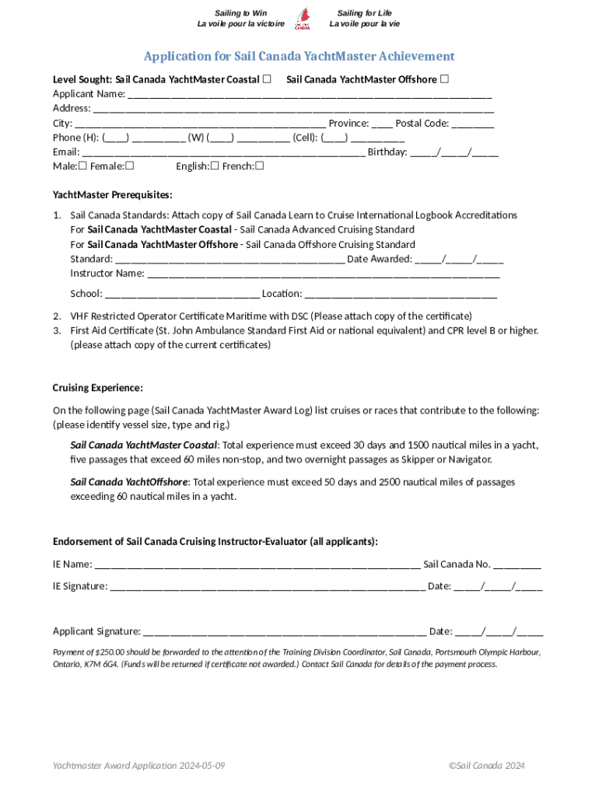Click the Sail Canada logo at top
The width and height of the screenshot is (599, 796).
pos(302,18)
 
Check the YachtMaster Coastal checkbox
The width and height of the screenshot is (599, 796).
pos(267,79)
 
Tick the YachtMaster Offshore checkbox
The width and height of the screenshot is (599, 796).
pos(444,79)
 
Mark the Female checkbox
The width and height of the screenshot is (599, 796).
pos(130,166)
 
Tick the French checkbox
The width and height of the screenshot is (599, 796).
pos(260,166)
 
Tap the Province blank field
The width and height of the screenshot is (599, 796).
pos(382,124)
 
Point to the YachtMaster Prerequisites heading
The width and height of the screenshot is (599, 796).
pos(112,194)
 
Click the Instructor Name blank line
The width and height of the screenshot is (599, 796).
pos(323,274)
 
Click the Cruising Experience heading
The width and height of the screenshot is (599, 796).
pos(97,388)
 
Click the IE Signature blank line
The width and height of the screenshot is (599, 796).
pos(268,587)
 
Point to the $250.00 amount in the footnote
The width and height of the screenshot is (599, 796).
pos(109,652)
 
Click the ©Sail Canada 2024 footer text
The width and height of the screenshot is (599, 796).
pos(486,766)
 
